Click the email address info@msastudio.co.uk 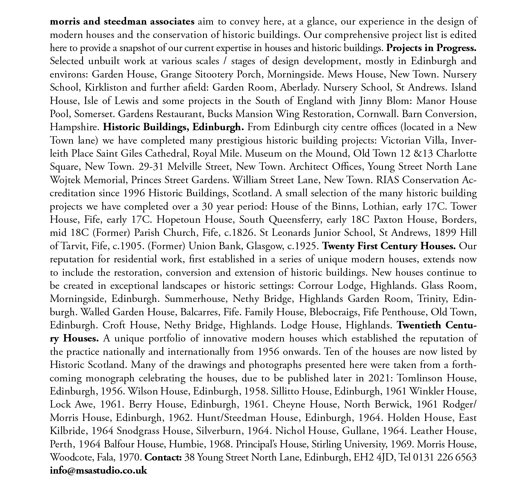click(x=99, y=470)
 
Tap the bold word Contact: click(x=163, y=457)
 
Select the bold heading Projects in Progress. click(x=431, y=48)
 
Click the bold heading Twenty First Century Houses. click(x=389, y=246)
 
